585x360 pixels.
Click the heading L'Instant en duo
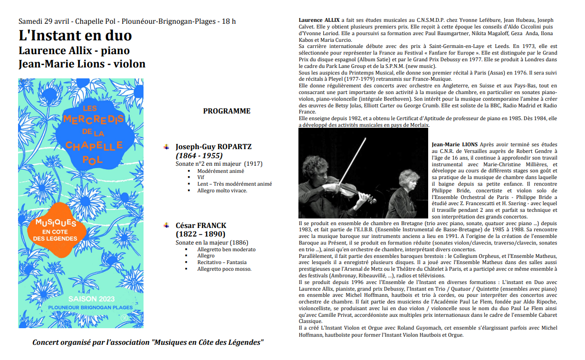75,36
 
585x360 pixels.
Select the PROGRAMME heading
227,111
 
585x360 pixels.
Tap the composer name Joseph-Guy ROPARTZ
213,147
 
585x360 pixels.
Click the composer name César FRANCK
201,225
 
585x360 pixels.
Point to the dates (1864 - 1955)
199,155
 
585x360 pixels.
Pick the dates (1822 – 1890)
201,234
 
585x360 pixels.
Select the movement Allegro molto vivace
222,191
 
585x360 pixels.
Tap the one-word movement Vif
201,178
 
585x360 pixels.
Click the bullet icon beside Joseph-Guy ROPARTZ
166,147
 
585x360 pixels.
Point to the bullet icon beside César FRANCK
166,225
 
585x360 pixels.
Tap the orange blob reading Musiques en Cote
57,228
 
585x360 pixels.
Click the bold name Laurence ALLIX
319,20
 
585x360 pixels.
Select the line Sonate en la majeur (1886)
212,243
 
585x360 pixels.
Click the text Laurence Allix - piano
74,50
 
